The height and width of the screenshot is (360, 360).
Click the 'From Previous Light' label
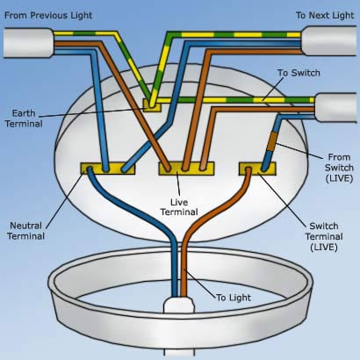point(48,16)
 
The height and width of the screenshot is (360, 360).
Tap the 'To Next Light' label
point(325,16)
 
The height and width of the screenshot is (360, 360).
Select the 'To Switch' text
point(299,73)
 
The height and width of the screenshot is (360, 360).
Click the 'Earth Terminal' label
point(24,119)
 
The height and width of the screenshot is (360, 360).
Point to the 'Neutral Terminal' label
point(26,231)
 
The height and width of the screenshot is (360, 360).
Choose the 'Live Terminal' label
point(179,207)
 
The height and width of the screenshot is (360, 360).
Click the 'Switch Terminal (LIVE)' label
point(324,236)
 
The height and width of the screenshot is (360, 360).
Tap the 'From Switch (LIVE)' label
point(339,168)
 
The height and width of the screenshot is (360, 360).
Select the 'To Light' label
point(234,298)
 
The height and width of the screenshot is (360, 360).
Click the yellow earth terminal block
point(152,105)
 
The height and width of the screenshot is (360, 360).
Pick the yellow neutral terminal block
point(108,169)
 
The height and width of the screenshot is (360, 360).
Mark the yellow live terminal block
point(186,169)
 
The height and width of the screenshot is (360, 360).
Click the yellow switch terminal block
point(257,169)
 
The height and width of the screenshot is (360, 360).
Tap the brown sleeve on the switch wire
point(273,140)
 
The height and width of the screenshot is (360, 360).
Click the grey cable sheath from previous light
point(28,42)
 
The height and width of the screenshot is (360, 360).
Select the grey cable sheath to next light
point(330,40)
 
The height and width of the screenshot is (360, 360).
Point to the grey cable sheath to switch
point(336,107)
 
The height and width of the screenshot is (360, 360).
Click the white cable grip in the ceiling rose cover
point(179,306)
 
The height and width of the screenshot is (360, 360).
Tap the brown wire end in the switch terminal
point(248,169)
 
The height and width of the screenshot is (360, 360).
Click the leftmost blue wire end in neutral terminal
point(90,169)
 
